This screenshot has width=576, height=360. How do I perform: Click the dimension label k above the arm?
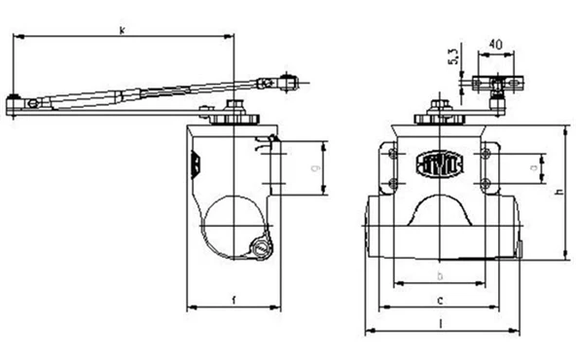click(x=122, y=31)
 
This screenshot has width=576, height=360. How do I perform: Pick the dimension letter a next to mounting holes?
click(x=534, y=168)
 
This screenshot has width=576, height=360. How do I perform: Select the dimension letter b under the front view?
click(x=440, y=275)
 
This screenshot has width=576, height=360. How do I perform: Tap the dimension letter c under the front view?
click(x=440, y=300)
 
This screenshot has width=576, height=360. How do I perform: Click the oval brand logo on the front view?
click(x=440, y=162)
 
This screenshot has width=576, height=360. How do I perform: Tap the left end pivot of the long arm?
click(x=15, y=100)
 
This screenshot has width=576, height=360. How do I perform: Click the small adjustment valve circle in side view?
click(x=260, y=251)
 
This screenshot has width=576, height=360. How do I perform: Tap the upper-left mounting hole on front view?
click(x=393, y=155)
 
